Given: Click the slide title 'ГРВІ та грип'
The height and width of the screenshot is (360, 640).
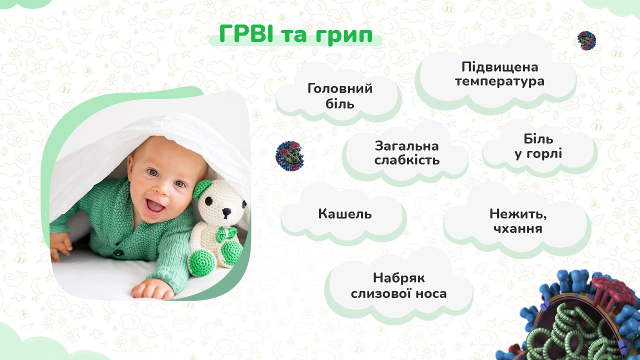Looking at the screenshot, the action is point(295,34).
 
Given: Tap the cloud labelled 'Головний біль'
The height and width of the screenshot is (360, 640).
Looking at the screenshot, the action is point(339,94).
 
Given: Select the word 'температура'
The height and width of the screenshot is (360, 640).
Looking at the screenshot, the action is point(499,81).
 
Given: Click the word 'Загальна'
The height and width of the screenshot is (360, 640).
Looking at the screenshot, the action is point(406,146).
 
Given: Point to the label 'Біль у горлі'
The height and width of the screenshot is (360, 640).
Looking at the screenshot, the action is point(538,146).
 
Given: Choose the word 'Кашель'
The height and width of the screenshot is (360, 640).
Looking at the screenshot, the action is point(345,213).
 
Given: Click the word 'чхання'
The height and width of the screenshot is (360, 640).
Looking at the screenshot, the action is point(517,228).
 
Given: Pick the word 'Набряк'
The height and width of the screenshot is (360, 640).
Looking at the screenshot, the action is point(399,277).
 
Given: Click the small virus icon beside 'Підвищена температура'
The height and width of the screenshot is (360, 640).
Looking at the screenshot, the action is point(586,40).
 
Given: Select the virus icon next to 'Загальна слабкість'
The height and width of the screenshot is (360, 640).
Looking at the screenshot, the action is point(289,156).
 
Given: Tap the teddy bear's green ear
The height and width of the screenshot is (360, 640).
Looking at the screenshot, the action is point(202,188).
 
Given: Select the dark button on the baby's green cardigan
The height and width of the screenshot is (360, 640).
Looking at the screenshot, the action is point(117,253).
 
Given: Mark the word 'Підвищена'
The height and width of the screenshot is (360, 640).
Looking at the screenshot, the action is point(499,67).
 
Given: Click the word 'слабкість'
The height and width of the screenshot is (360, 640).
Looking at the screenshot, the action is point(407,160).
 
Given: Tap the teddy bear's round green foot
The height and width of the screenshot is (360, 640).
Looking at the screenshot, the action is point(202,262).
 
